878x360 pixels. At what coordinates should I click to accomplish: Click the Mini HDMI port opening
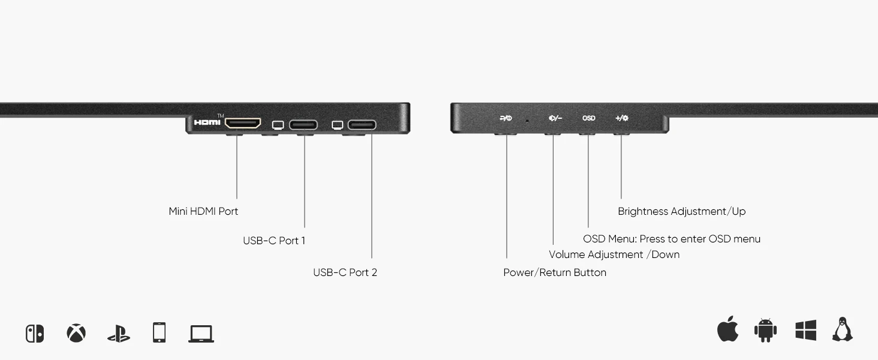[242, 124]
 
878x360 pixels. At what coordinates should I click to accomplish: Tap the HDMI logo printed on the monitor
[208, 122]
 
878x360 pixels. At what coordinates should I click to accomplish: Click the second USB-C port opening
[362, 125]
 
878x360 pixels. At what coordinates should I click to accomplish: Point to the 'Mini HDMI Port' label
[203, 211]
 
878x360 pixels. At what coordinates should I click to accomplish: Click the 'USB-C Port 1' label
[274, 241]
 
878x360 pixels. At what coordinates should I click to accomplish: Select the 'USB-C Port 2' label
[345, 272]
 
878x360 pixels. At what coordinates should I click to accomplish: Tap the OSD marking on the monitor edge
[589, 118]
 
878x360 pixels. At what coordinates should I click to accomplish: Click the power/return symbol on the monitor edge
[506, 118]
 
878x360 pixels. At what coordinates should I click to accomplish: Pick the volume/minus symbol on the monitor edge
[555, 118]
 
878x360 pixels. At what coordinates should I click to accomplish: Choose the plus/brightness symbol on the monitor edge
[622, 118]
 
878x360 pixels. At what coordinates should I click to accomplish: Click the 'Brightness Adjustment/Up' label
[682, 211]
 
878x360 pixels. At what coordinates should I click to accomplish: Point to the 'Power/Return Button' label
[555, 272]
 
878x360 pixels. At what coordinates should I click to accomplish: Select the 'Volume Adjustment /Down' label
[614, 254]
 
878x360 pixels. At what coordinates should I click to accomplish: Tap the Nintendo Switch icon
[35, 334]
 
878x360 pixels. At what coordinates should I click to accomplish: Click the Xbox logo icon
[76, 333]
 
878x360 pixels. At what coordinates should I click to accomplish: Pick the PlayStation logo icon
[119, 334]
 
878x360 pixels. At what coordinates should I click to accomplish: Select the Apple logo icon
[727, 329]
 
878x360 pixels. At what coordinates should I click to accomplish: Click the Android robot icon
[765, 330]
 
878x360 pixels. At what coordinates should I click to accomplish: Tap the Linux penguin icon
[842, 329]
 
